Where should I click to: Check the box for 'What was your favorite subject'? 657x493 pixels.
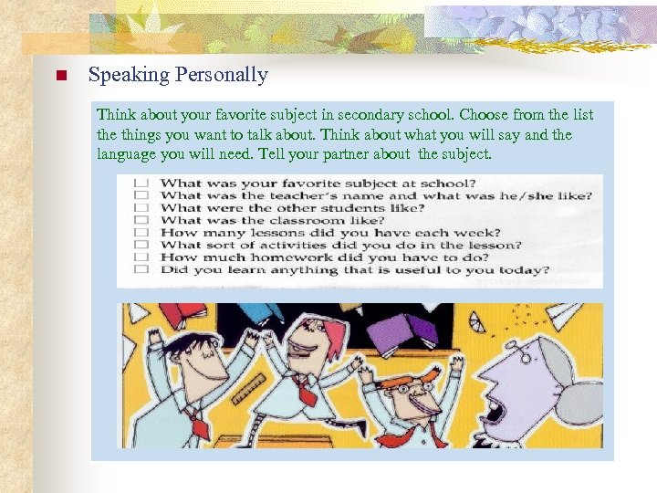[141, 184]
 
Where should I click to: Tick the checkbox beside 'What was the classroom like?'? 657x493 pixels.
[141, 220]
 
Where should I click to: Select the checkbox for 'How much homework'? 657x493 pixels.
[141, 257]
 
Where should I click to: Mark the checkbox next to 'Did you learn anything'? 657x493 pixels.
[141, 269]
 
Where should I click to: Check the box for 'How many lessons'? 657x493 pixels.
[141, 233]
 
